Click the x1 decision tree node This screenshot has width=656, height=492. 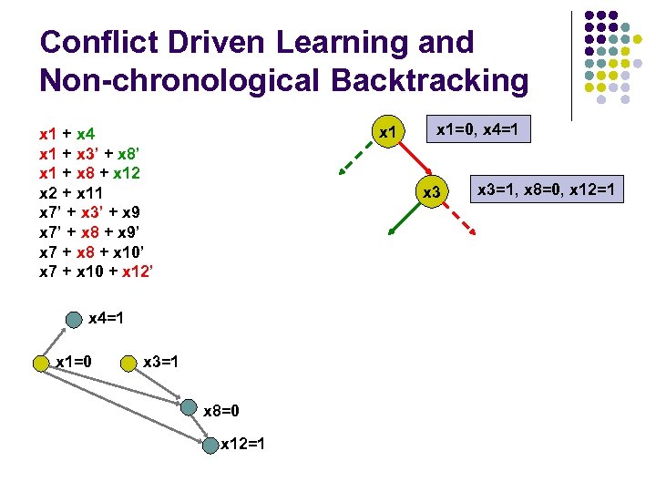[x=389, y=134]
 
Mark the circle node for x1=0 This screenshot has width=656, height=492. [x=41, y=364]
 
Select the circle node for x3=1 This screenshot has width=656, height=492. [x=128, y=364]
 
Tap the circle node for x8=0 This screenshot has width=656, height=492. [x=188, y=409]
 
